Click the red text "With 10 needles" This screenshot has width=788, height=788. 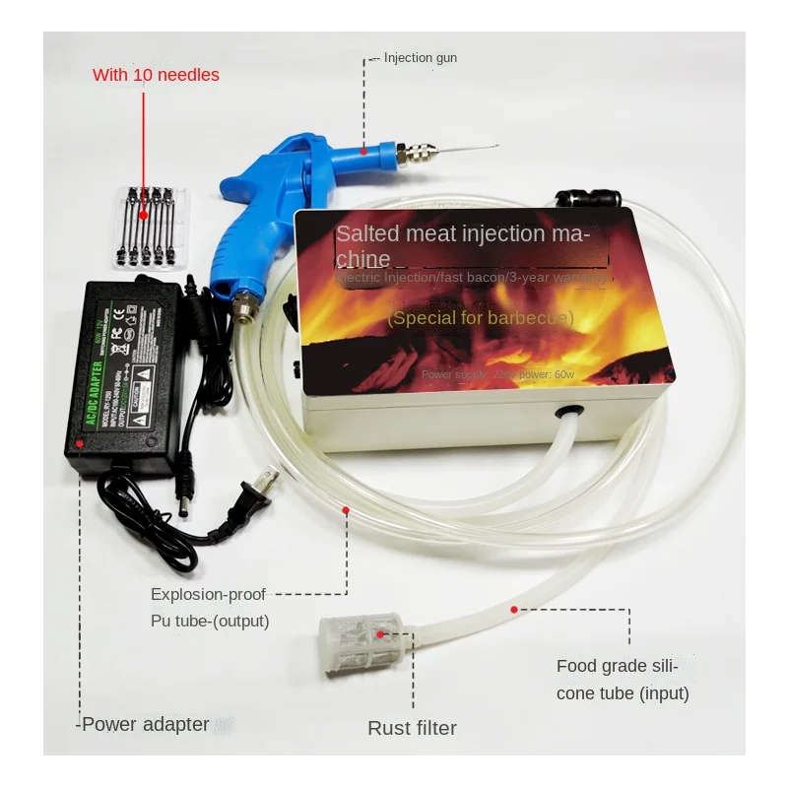point(156,75)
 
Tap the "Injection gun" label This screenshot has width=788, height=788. point(420,58)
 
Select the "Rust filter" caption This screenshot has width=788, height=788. point(412,729)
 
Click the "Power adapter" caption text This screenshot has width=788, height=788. point(145,725)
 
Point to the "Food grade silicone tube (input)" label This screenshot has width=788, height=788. point(623,680)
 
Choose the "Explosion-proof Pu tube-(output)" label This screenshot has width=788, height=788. point(209,608)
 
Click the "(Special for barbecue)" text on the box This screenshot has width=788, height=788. point(480,318)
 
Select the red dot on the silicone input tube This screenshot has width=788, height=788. point(514,610)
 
